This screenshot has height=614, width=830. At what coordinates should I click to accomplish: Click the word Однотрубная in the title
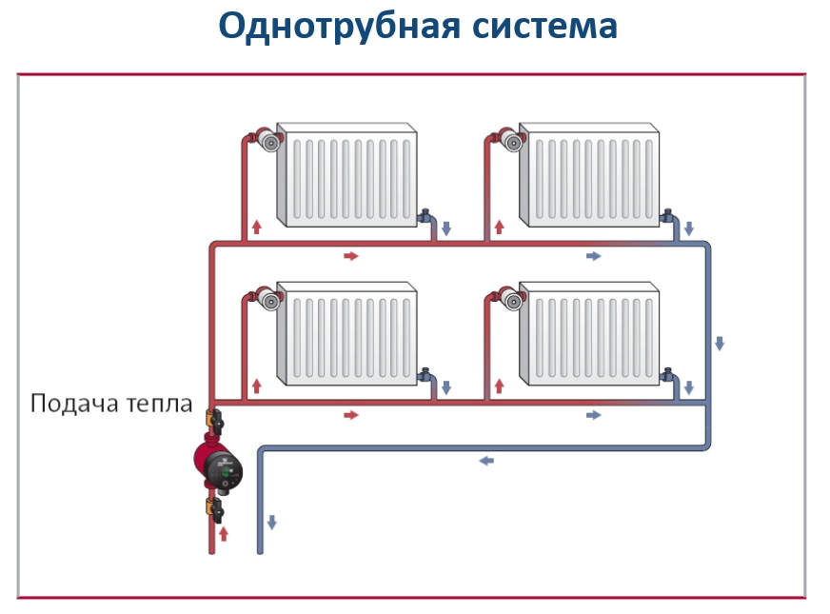tap(339, 27)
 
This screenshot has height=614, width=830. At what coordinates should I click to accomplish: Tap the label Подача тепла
tap(111, 404)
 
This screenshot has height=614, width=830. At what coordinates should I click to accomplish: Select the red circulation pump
tap(218, 465)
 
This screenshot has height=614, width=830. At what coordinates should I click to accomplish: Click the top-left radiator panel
tap(346, 174)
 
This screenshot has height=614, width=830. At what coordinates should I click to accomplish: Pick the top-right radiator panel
tap(589, 174)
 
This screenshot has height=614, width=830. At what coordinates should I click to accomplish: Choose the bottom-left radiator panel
tap(346, 333)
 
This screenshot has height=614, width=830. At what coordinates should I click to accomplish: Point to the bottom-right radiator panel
tap(589, 333)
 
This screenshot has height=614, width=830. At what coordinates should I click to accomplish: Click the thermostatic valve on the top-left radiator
tap(269, 140)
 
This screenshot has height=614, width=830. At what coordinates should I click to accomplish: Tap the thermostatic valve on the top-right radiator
tap(512, 140)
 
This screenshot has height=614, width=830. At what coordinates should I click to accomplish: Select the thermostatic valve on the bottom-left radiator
tap(269, 299)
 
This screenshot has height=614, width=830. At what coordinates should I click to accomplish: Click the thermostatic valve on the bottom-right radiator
tap(512, 299)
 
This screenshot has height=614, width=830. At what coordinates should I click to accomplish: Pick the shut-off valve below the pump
tap(215, 509)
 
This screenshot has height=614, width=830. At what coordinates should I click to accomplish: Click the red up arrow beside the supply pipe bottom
tap(224, 533)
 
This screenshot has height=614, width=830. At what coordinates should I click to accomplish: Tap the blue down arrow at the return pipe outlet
tap(272, 522)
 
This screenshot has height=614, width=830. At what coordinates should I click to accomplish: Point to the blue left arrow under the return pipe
tap(486, 461)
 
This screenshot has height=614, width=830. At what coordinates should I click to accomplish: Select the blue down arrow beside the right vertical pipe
tap(720, 343)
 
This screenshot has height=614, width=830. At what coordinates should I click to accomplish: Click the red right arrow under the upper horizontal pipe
tap(351, 256)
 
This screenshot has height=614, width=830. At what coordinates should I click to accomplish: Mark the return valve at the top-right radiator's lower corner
tap(668, 216)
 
